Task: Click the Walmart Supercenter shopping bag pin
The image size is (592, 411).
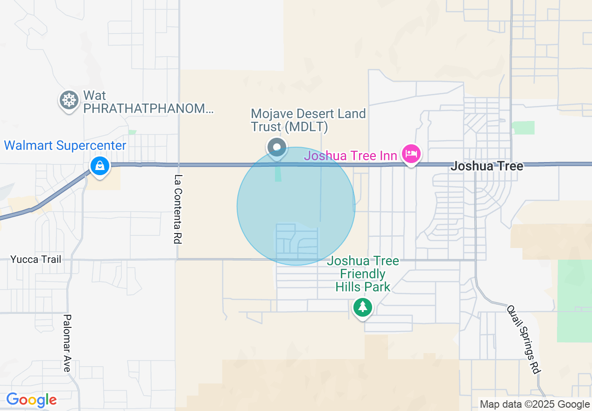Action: click(99, 166)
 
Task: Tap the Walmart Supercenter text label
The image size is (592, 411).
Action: click(65, 146)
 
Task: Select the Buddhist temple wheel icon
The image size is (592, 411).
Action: click(69, 100)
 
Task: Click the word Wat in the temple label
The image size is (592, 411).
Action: click(95, 96)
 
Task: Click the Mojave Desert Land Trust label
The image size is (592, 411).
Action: click(308, 120)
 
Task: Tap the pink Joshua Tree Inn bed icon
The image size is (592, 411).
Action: click(411, 154)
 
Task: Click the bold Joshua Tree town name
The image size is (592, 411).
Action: click(486, 166)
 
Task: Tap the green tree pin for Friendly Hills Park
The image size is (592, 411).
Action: click(363, 307)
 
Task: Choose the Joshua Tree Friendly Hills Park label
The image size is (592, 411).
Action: click(363, 274)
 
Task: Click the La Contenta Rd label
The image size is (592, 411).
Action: click(177, 209)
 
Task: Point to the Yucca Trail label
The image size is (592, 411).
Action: click(36, 259)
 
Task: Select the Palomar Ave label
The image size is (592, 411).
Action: click(67, 343)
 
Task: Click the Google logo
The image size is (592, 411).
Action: click(31, 400)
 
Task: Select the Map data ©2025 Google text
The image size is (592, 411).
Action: click(535, 404)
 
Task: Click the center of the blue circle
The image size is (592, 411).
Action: click(296, 206)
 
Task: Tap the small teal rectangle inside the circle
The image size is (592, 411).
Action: click(278, 174)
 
